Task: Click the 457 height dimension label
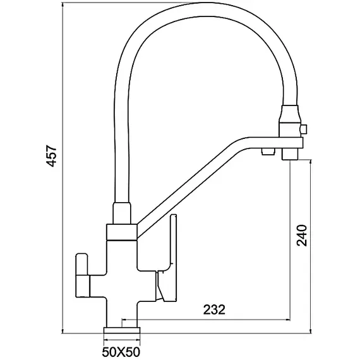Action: coord(51,155)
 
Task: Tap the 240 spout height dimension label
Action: coord(302,236)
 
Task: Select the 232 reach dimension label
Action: coord(214,309)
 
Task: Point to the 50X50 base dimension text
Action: coord(121,352)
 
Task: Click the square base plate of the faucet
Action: coord(122,330)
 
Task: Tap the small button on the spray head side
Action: coord(304,129)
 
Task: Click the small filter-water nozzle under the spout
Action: coord(268,152)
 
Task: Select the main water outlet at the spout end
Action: coord(290,154)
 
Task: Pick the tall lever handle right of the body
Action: coord(167,258)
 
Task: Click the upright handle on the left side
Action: coord(82,275)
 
